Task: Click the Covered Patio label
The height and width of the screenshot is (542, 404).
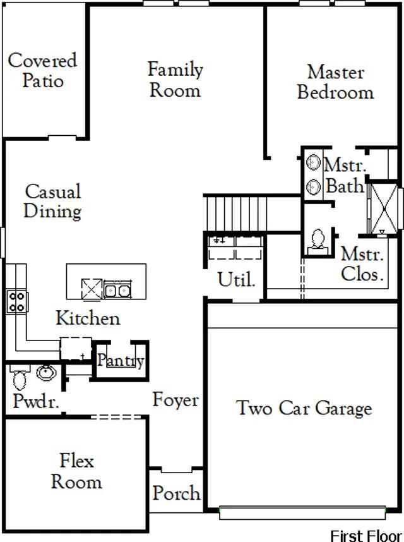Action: (x=42, y=70)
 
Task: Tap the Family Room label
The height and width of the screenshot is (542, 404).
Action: (x=175, y=79)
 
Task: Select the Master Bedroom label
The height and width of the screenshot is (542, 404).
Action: (x=335, y=82)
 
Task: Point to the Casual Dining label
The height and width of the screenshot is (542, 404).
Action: (x=53, y=200)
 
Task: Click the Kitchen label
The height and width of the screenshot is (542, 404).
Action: (x=88, y=318)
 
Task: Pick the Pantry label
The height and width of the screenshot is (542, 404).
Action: (x=121, y=361)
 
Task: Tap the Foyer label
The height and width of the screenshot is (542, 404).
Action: (x=175, y=400)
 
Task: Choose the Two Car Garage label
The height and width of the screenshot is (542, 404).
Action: (x=304, y=408)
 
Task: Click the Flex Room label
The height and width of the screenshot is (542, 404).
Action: (x=76, y=471)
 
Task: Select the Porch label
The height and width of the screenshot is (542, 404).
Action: (x=177, y=493)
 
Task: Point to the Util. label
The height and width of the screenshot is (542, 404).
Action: (x=236, y=279)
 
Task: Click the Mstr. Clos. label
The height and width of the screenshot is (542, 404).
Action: (x=362, y=265)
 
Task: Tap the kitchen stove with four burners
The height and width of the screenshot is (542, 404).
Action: (x=16, y=301)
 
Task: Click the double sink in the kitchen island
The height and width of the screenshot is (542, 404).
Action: (x=118, y=291)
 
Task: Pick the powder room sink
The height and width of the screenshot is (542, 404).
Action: (x=46, y=373)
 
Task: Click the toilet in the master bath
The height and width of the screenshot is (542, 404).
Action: (x=319, y=241)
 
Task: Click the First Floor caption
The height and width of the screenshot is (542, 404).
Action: (x=365, y=535)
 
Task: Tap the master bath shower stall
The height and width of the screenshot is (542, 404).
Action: (x=383, y=207)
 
